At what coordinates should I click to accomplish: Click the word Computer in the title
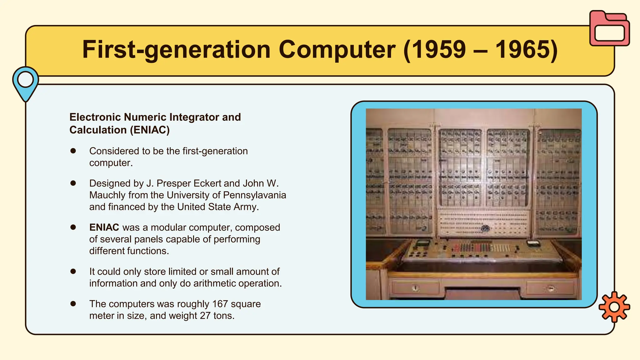coord(337,49)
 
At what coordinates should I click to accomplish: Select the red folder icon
coord(609,29)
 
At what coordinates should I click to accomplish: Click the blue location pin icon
coord(26,82)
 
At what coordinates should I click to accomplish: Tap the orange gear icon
coord(614,307)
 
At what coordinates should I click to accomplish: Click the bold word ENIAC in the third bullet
coord(104,227)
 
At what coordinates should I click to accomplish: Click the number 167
coord(220,304)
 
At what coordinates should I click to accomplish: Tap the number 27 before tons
coord(205,316)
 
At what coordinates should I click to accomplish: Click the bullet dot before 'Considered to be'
coord(73,151)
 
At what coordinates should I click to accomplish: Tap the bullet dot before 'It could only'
coord(73,271)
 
